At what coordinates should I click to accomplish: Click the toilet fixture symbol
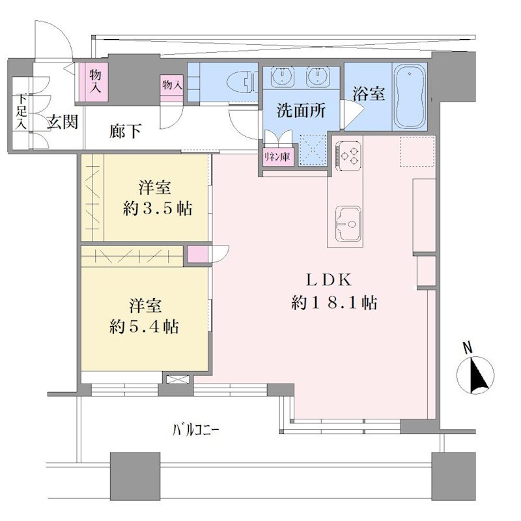point(242,82)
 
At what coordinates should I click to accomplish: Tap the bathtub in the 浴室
point(410,96)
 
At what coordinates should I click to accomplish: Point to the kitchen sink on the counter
point(348,224)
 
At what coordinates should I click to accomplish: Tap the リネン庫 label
point(277,156)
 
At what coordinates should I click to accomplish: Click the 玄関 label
point(62,122)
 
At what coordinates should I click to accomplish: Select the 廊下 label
point(125,131)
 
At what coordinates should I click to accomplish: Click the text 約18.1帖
point(333,303)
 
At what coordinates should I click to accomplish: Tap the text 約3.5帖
point(158,208)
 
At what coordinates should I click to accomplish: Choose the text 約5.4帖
point(144,327)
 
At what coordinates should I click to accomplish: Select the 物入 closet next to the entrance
point(95,81)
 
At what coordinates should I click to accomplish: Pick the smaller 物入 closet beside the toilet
point(172,85)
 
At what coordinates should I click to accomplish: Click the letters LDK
point(328,280)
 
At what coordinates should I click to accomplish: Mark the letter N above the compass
point(468,347)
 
